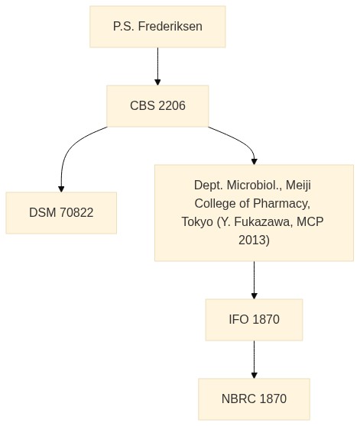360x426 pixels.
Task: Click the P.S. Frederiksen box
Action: [x=157, y=27]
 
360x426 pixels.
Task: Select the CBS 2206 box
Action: [x=157, y=106]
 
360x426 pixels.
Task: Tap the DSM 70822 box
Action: [x=61, y=213]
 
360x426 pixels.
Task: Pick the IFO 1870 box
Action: [x=254, y=319]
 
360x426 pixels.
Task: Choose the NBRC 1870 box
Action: [x=254, y=399]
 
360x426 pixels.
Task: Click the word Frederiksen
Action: [x=170, y=27]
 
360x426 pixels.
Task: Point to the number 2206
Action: [x=171, y=105]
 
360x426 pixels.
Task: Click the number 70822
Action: [x=76, y=212]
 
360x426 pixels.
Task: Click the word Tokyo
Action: [x=197, y=221]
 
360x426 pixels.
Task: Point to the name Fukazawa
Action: [x=264, y=221]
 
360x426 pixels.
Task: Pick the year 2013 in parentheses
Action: [x=254, y=240]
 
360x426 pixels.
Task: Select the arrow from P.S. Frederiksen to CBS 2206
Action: [x=157, y=66]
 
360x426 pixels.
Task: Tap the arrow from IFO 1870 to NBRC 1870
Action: [x=255, y=360]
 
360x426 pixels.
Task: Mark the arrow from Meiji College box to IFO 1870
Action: [x=255, y=280]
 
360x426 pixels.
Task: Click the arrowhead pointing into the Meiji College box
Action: [x=255, y=161]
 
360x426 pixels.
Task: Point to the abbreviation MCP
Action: [x=310, y=221]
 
